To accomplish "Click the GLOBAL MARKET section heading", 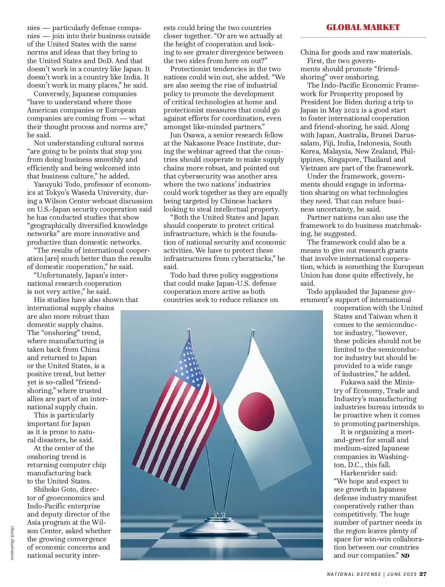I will pyautogui.click(x=363, y=27).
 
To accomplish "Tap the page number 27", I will pyautogui.click(x=423, y=574).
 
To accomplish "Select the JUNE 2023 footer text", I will pyautogui.click(x=402, y=574).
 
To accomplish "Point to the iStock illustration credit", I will pyautogui.click(x=13, y=542).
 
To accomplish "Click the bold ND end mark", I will pyautogui.click(x=405, y=556).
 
